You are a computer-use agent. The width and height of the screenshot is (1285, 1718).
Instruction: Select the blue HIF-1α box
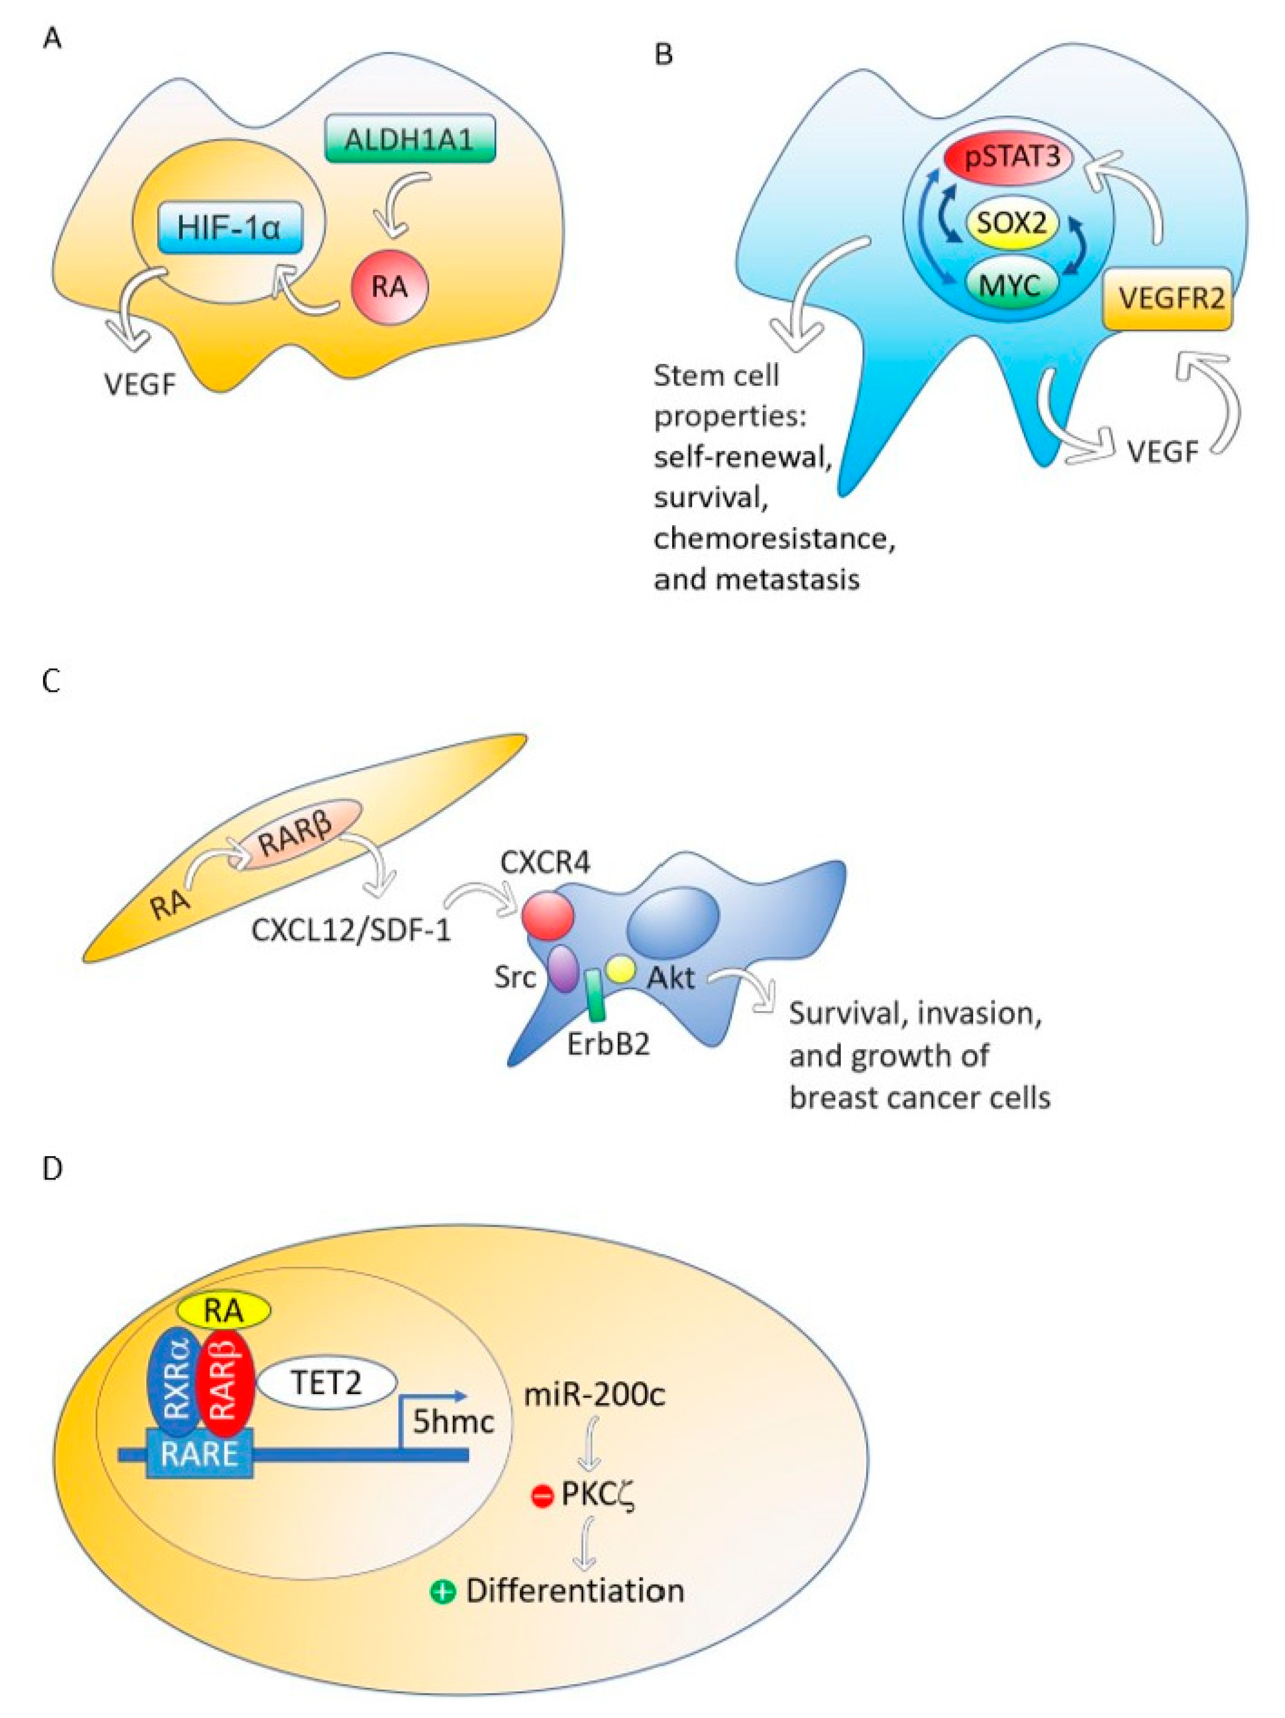(230, 228)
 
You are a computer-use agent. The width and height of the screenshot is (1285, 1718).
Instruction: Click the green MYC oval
(1012, 285)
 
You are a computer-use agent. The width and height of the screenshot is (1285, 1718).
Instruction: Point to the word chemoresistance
(774, 538)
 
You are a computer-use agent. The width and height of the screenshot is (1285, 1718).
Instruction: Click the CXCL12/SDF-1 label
(351, 930)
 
